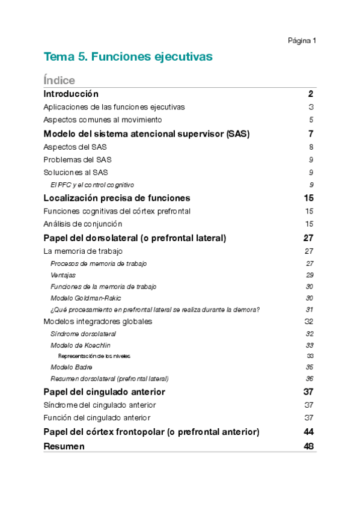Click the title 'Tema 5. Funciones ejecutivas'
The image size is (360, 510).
tap(128, 57)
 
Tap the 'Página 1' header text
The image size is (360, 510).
tap(302, 41)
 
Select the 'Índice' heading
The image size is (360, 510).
tap(59, 80)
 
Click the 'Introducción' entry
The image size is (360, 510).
tap(71, 94)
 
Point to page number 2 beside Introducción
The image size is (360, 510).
tap(311, 94)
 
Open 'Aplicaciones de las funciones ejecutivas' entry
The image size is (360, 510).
tap(114, 107)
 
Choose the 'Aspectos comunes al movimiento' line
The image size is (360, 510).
tap(103, 120)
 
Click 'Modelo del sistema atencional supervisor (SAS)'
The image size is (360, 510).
tap(147, 134)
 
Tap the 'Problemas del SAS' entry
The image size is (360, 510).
tap(78, 159)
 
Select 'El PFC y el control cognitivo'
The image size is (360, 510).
tap(92, 185)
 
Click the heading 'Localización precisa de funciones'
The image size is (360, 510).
tap(117, 198)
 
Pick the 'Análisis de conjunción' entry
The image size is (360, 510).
tap(87, 224)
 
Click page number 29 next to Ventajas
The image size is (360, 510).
tap(310, 275)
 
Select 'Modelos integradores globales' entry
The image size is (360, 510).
tap(98, 321)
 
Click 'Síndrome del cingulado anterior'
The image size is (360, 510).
tap(100, 405)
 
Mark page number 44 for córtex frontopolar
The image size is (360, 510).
tap(309, 432)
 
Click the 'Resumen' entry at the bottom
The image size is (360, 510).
tap(64, 446)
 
